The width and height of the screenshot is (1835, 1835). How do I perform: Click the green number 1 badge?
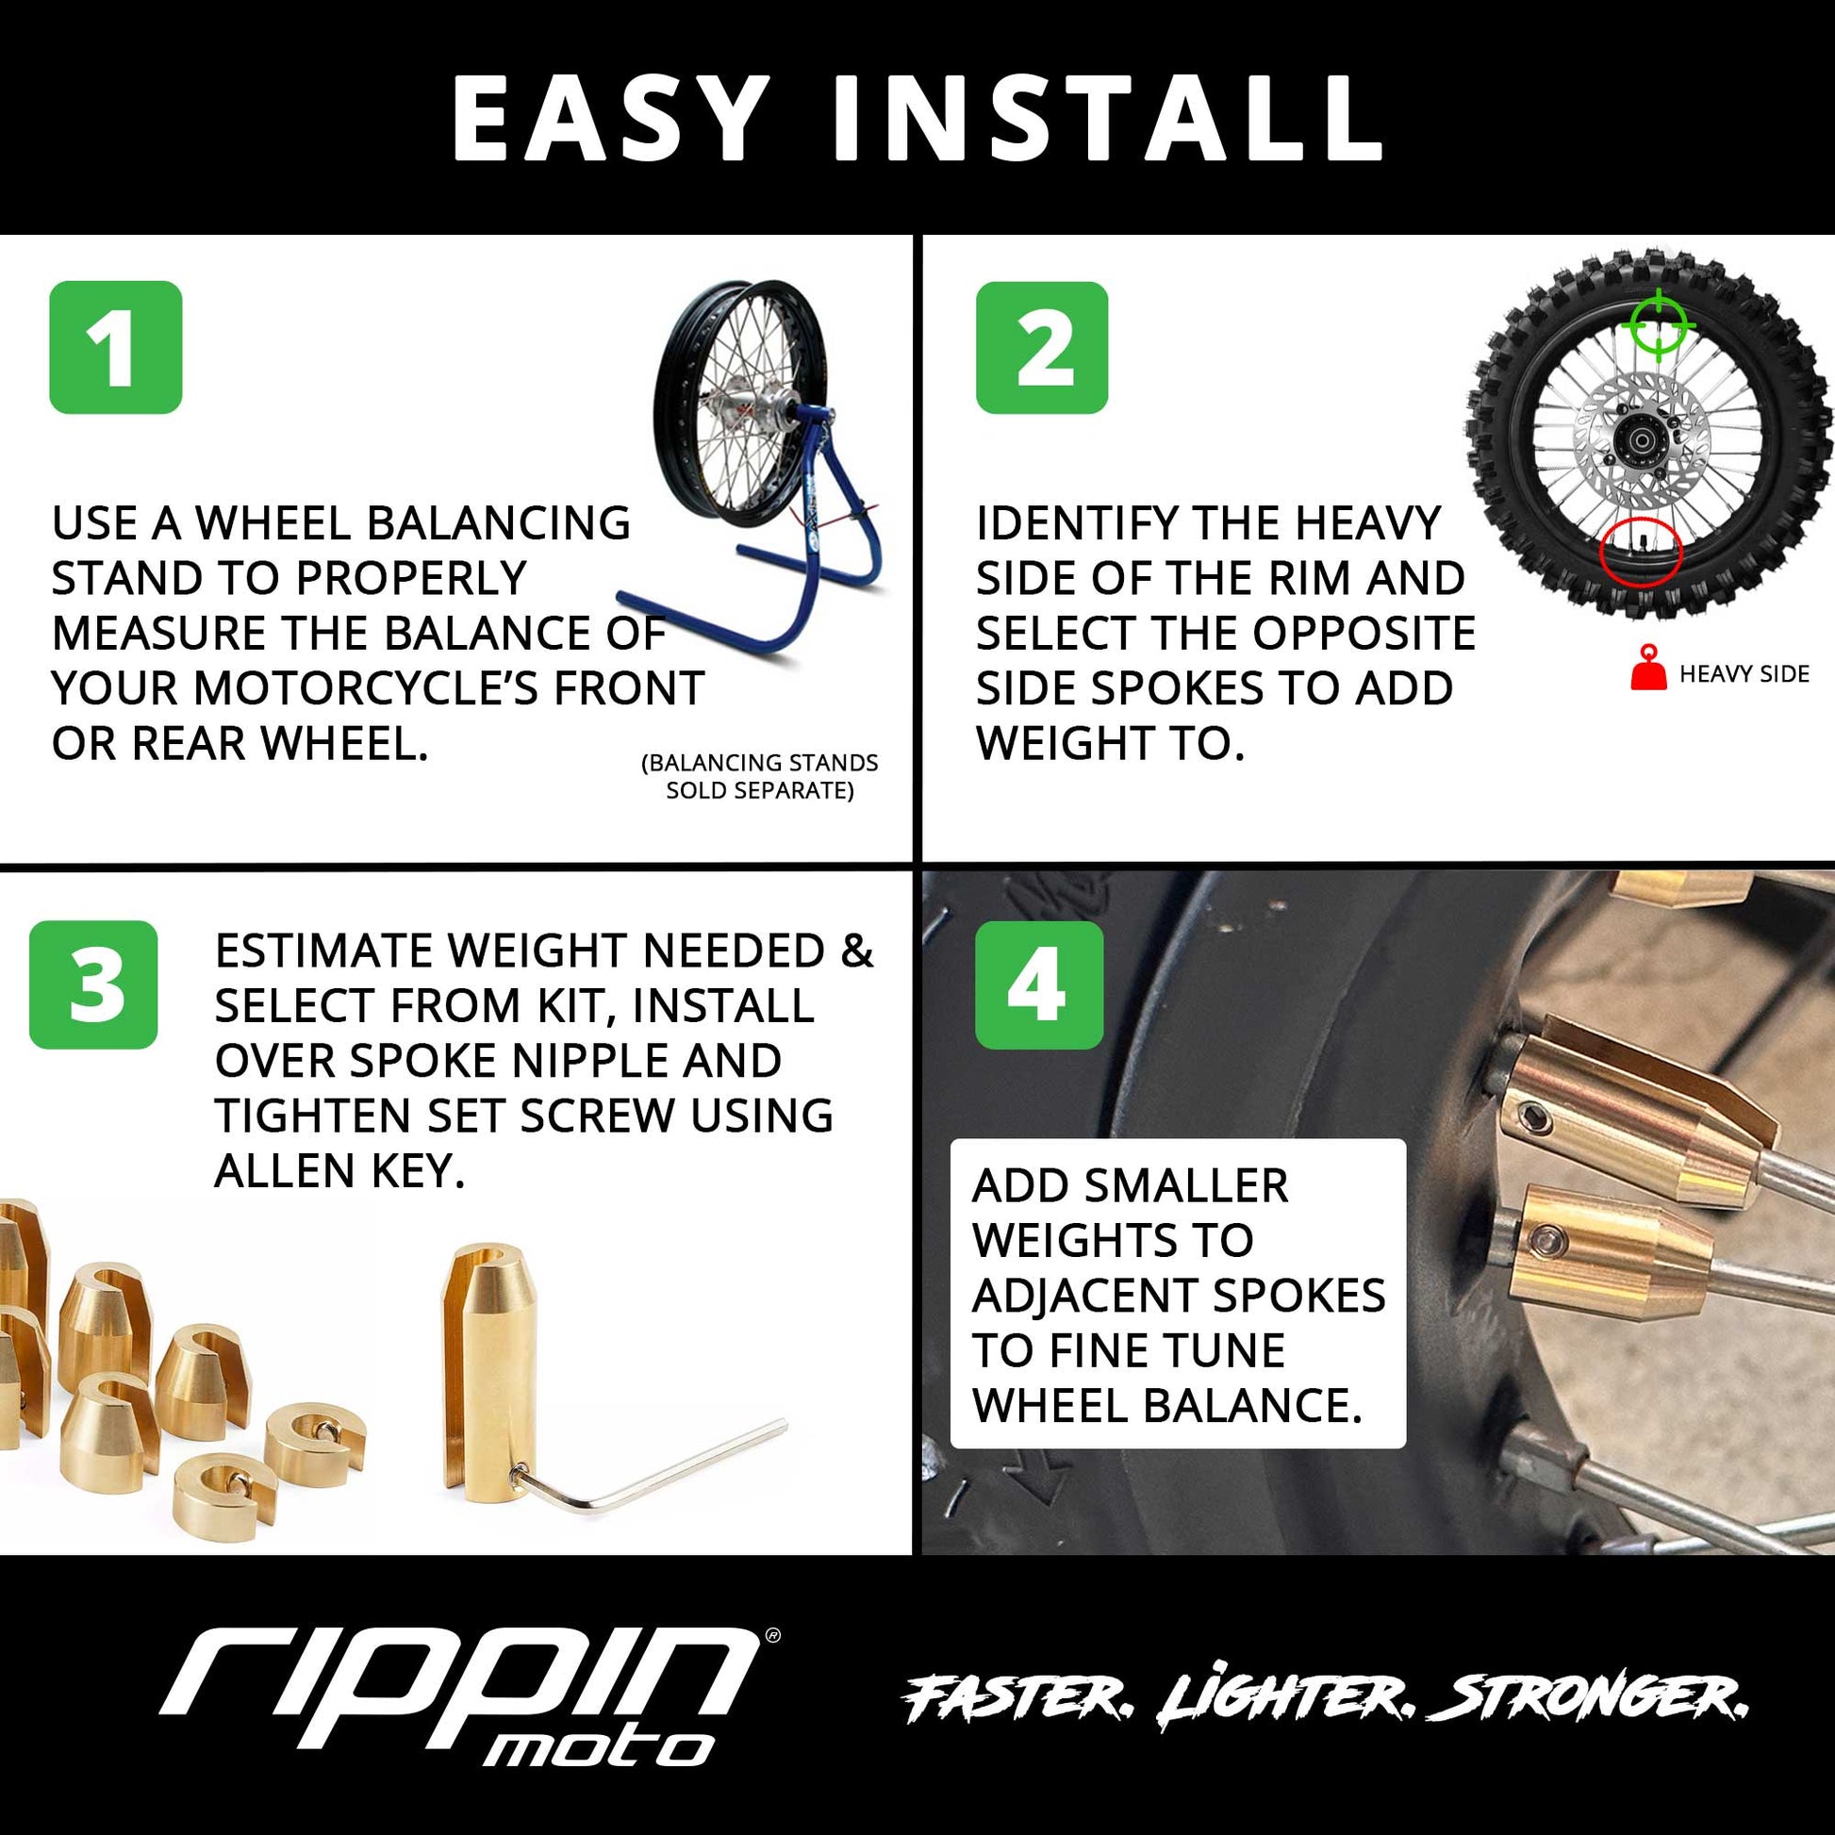click(115, 347)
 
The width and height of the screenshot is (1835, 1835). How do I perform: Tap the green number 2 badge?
click(1042, 347)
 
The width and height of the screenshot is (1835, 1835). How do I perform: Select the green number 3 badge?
click(93, 984)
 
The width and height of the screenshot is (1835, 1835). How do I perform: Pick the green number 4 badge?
click(1038, 984)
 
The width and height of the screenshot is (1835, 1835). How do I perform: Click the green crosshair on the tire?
click(1658, 325)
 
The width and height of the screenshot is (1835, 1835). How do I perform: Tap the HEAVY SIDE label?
click(1744, 674)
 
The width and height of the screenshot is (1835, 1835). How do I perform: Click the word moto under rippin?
click(599, 1748)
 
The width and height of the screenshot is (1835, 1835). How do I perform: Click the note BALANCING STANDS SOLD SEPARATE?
click(760, 776)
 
